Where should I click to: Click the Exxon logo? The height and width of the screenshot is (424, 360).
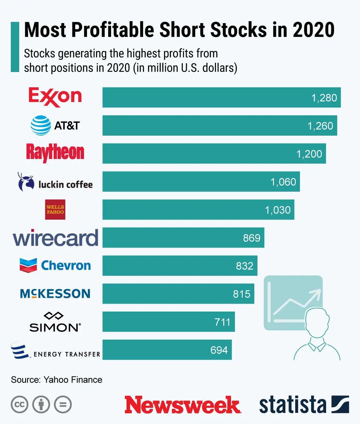(x=55, y=97)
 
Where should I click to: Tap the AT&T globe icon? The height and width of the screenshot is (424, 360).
(x=41, y=125)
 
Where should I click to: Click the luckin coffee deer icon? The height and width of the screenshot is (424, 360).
(x=26, y=182)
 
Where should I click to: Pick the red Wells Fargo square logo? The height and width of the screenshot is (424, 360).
(x=55, y=209)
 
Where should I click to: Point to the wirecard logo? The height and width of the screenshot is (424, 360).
(x=55, y=238)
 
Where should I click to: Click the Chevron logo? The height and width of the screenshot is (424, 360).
(x=55, y=266)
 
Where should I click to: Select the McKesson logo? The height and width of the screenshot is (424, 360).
(x=55, y=293)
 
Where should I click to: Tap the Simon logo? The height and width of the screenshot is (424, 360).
(x=55, y=322)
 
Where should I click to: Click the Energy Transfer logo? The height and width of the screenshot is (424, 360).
(x=55, y=350)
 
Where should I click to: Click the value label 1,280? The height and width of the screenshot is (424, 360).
(x=324, y=98)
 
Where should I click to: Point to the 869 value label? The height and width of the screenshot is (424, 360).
(x=251, y=238)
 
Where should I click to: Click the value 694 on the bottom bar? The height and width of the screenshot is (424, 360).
(x=219, y=350)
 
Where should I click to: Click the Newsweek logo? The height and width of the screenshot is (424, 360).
(x=182, y=404)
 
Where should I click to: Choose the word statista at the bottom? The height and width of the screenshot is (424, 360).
(x=292, y=404)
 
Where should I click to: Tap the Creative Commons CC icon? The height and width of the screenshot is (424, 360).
(x=19, y=404)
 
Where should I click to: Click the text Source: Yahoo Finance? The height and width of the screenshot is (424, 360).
(x=57, y=380)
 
